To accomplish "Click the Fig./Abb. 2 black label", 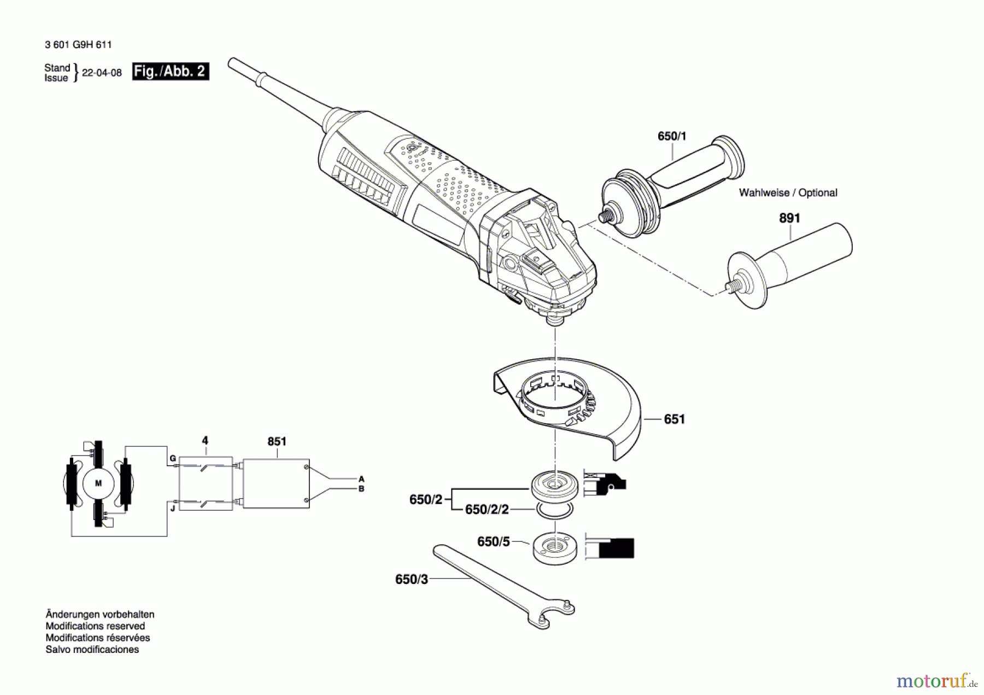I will pyautogui.click(x=170, y=72).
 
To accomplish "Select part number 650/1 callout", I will pyautogui.click(x=672, y=136).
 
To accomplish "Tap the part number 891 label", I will pyautogui.click(x=789, y=218).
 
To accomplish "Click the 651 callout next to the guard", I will pyautogui.click(x=674, y=419).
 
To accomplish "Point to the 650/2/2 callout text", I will pyautogui.click(x=487, y=510).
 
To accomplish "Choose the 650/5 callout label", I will pyautogui.click(x=493, y=542).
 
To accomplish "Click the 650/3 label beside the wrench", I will pyautogui.click(x=412, y=580).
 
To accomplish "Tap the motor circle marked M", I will pyautogui.click(x=98, y=483).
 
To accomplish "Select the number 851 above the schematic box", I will pyautogui.click(x=277, y=441).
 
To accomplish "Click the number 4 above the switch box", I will pyautogui.click(x=205, y=441).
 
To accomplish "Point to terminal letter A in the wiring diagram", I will pyautogui.click(x=361, y=479).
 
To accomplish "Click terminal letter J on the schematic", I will pyautogui.click(x=172, y=509).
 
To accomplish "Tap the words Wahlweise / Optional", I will pyautogui.click(x=788, y=192).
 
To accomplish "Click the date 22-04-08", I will pyautogui.click(x=102, y=73).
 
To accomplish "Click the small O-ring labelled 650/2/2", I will pyautogui.click(x=554, y=510).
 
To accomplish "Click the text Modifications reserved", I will pyautogui.click(x=95, y=626).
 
